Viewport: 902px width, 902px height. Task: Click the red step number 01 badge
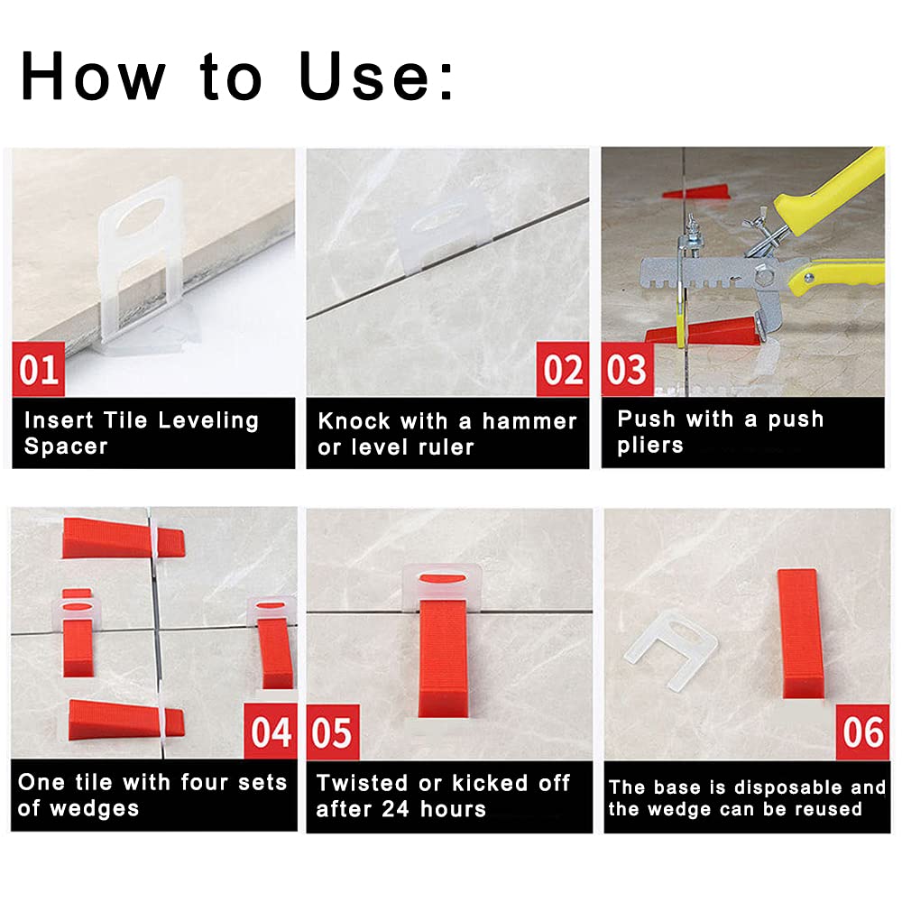[x=38, y=370]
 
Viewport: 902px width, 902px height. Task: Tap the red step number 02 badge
[x=563, y=370]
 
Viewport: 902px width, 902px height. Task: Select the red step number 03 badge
[x=627, y=370]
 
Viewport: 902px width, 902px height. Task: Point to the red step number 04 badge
[x=272, y=732]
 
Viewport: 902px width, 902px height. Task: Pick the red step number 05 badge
[x=333, y=732]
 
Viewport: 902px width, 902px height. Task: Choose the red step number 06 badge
[x=862, y=732]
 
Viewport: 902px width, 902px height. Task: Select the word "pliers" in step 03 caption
[x=650, y=446]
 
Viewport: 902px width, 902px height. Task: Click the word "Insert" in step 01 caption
[x=57, y=420]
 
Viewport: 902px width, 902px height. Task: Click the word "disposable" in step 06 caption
[x=788, y=787]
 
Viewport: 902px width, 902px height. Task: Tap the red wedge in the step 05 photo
[x=444, y=658]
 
